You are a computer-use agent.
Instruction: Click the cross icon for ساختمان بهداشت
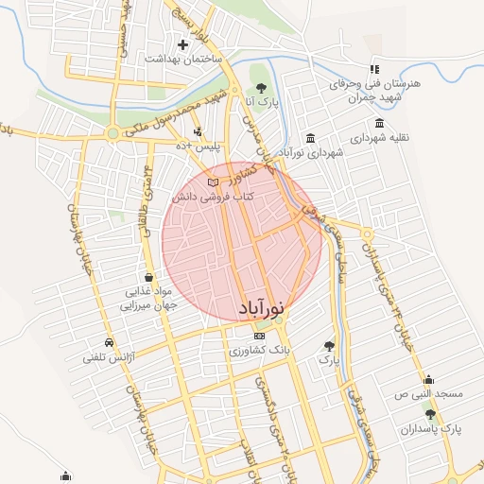pos(182,44)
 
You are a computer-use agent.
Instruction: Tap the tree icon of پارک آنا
pos(261,87)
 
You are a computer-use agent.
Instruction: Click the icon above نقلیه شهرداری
pos(379,123)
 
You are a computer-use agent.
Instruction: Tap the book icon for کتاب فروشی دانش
pos(212,181)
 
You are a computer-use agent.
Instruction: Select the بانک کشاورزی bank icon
pos(260,337)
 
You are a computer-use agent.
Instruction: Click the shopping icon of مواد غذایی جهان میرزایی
pos(149,277)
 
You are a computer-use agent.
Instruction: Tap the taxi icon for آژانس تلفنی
pos(110,342)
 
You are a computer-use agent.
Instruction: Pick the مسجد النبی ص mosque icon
pos(428,379)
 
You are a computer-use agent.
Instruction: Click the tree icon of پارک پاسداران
pos(430,414)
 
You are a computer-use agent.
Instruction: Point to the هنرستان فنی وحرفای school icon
pos(374,69)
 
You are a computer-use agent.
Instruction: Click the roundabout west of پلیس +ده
pos(112,134)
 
